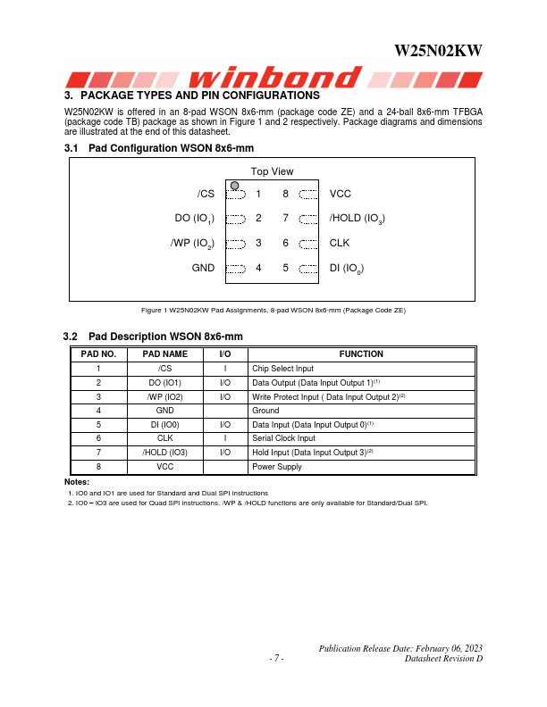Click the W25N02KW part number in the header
438,52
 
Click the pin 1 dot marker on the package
234,186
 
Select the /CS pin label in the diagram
206,193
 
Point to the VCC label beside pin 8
341,193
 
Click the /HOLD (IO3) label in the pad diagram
357,218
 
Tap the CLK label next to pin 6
340,242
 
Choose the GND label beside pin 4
203,267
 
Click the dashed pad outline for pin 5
308,267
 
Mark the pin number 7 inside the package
285,218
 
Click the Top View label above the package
272,171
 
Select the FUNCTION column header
361,354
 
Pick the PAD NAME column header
165,354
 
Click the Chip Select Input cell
282,369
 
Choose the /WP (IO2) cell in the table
165,396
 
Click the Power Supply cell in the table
277,467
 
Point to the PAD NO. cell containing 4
98,411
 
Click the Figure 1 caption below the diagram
273,310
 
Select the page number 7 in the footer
276,659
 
